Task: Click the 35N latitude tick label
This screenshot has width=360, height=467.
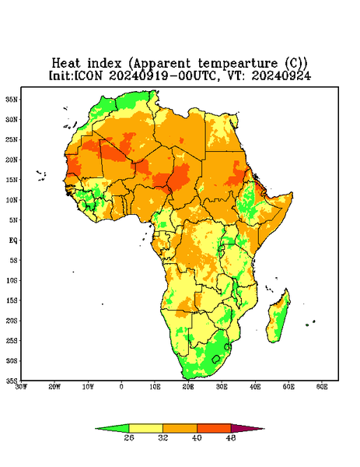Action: tap(12, 99)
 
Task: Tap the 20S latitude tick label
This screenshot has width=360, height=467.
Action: tap(12, 321)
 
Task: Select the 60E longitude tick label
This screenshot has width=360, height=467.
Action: tap(322, 387)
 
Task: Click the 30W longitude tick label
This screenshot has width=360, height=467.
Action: tap(21, 387)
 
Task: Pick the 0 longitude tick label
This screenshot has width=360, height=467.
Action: tap(121, 387)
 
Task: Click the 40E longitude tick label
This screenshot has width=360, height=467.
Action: tap(255, 387)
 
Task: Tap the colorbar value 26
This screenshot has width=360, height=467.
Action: tap(129, 437)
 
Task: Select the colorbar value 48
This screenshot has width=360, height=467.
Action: tap(231, 437)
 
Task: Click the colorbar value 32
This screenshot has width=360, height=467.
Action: tap(163, 437)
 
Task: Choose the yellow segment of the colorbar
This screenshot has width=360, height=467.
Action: tap(145, 428)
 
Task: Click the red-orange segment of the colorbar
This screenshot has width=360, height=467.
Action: tap(214, 428)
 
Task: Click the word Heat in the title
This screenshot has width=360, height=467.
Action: tap(66, 64)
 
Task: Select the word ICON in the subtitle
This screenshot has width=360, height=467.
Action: tap(89, 75)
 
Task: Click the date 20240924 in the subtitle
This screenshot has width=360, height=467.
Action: tap(281, 75)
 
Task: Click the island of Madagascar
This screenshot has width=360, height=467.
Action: tap(278, 318)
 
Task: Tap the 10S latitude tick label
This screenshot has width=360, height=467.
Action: tap(12, 280)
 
